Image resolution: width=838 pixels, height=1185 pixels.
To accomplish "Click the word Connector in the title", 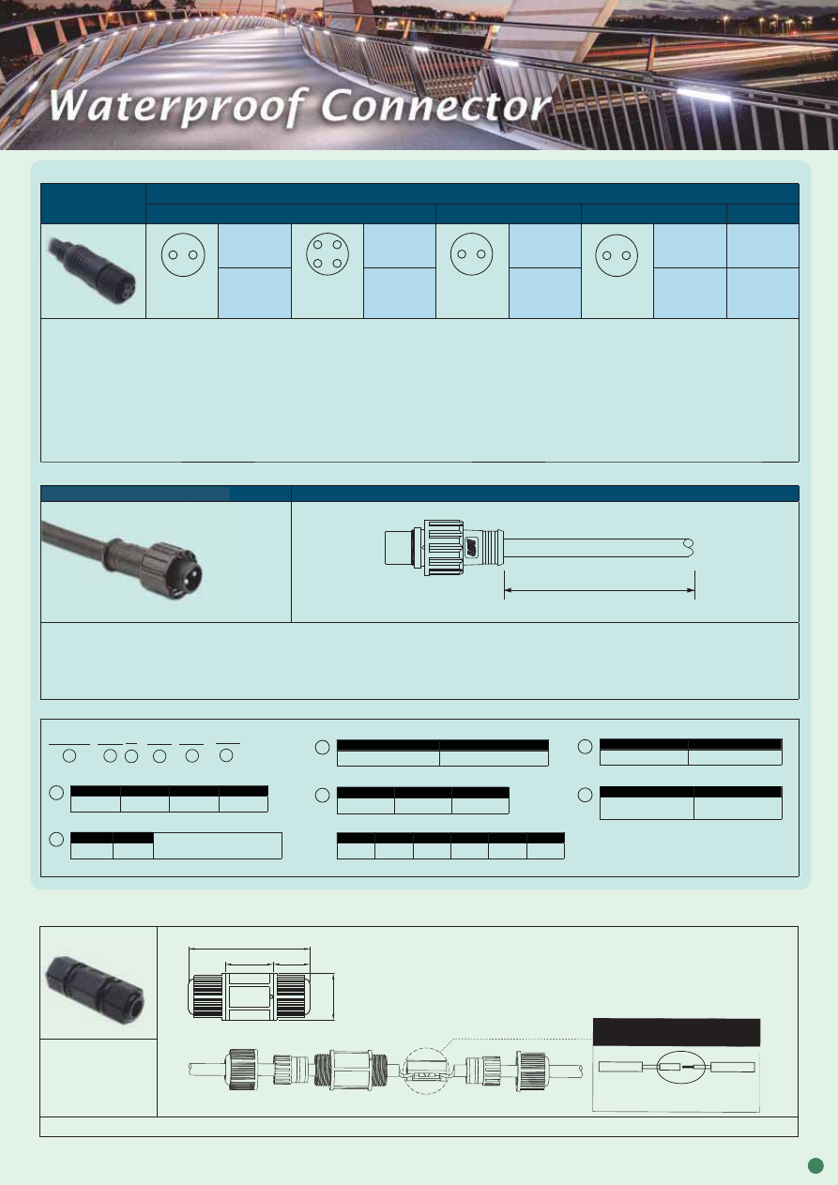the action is (x=436, y=105).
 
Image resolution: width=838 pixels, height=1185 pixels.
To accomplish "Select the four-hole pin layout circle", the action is (x=328, y=254).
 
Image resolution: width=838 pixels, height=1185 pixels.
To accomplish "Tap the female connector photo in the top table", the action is (x=93, y=271).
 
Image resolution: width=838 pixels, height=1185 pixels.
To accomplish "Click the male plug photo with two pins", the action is (x=122, y=561).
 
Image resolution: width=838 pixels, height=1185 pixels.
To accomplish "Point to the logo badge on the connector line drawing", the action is (x=472, y=547).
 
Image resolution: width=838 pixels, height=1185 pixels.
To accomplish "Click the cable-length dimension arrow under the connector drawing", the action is (x=600, y=590).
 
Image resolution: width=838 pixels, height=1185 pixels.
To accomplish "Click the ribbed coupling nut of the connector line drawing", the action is (x=444, y=548).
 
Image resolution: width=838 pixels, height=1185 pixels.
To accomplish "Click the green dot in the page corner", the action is (x=815, y=1165).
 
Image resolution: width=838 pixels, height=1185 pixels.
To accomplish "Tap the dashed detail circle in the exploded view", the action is (x=426, y=1071).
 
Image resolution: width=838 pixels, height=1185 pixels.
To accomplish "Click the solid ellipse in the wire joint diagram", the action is (x=681, y=1067).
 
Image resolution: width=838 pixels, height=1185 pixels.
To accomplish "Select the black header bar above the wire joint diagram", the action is (x=676, y=1032).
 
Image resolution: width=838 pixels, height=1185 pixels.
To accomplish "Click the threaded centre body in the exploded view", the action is (x=351, y=1070).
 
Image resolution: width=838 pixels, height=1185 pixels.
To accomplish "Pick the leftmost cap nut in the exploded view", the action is (x=243, y=1070).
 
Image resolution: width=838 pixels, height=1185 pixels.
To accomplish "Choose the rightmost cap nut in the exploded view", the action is (x=532, y=1071).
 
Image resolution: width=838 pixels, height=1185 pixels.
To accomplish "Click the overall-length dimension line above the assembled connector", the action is (x=250, y=949).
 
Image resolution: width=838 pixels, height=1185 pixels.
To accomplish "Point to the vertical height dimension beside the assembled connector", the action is (x=333, y=997).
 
